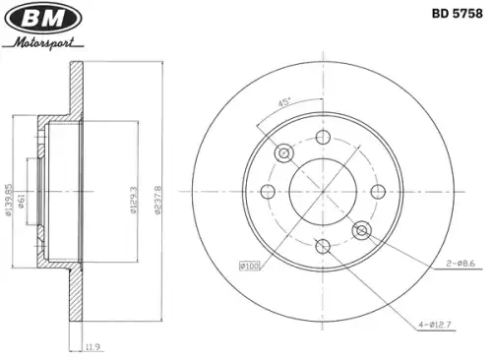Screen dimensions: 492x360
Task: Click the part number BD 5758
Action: coord(457,14)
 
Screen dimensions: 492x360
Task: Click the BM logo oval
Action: coord(43,18)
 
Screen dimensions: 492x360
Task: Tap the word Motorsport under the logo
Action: coord(44,43)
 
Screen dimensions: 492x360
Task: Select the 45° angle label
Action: coord(284,102)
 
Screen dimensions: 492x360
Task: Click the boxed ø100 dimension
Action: coord(250,266)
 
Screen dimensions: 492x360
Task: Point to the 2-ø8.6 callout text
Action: coord(461,263)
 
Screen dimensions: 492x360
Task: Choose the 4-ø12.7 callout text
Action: coord(435,325)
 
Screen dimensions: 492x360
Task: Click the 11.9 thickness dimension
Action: coord(92,346)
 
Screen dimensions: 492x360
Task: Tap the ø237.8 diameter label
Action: coord(157,200)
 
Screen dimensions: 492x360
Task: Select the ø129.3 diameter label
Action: coord(134,200)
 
